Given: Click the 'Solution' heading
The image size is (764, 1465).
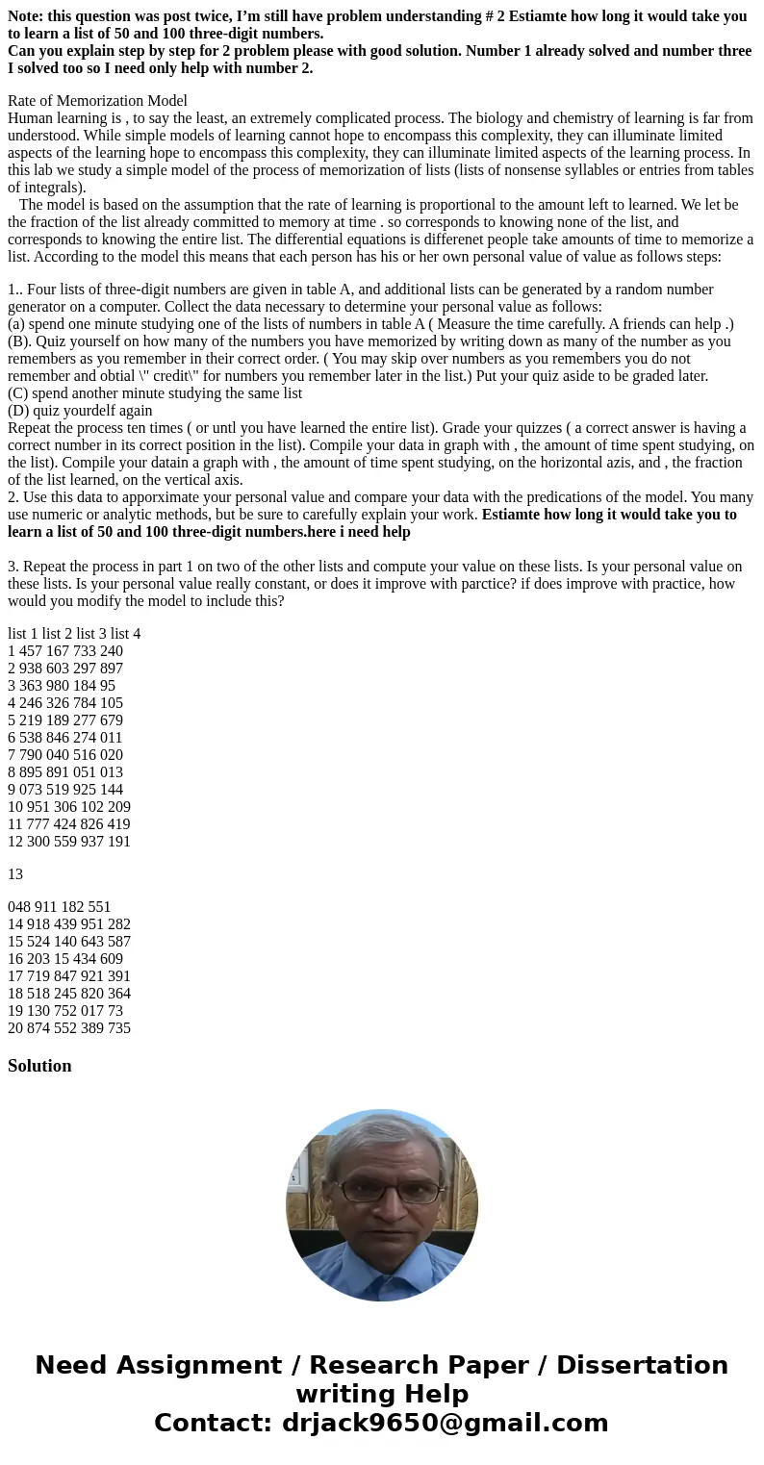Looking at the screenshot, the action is [x=39, y=1066].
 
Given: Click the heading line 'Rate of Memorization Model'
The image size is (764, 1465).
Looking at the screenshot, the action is [x=97, y=101].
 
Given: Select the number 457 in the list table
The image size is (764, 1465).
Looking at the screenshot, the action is [x=33, y=651].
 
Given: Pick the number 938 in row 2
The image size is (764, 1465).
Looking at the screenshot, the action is [x=33, y=669].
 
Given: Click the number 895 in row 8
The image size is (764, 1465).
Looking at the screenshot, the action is [x=33, y=772].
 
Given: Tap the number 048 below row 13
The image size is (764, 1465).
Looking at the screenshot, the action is [x=20, y=907].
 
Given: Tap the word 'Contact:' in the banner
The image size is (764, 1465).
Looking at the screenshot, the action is [x=214, y=1424].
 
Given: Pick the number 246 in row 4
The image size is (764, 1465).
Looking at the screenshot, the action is [x=33, y=703].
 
